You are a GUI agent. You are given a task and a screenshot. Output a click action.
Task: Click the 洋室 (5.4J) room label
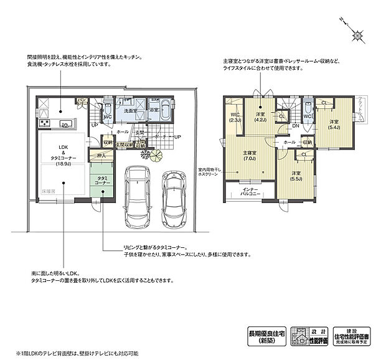pos(334,125)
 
